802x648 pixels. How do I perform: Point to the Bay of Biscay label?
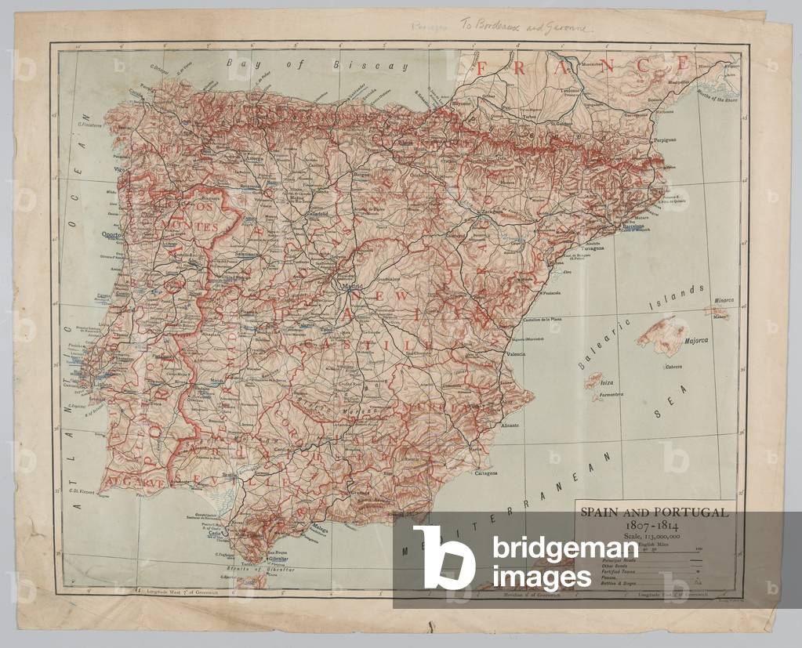pos(318,65)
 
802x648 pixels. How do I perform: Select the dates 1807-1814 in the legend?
pos(654,524)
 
